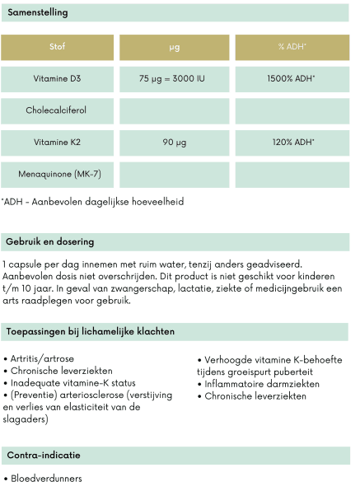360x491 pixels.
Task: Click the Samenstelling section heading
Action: click(x=37, y=13)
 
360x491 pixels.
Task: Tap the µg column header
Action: click(x=174, y=48)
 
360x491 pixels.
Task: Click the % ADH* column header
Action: click(x=292, y=48)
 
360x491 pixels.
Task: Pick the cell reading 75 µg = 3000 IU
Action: click(x=174, y=79)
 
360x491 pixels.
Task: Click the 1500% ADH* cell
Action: click(x=292, y=79)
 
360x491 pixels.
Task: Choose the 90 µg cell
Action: click(x=174, y=143)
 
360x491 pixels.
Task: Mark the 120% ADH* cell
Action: click(x=292, y=143)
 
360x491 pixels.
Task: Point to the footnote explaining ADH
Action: click(x=92, y=202)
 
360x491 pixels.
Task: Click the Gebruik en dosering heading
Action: click(x=50, y=242)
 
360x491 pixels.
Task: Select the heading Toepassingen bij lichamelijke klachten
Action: click(x=90, y=331)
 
